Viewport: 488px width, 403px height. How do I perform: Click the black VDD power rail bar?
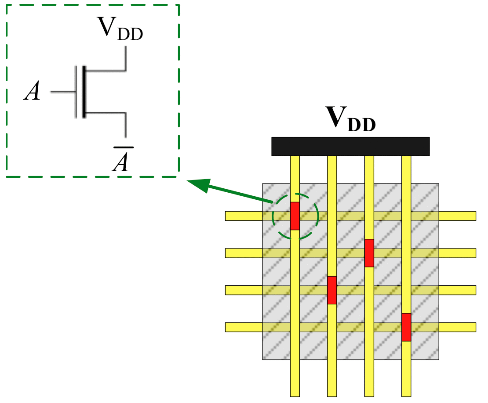pyautogui.click(x=350, y=146)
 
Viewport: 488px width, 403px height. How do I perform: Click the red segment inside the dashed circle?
pyautogui.click(x=295, y=216)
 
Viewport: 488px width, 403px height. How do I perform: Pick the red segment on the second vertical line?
pyautogui.click(x=332, y=290)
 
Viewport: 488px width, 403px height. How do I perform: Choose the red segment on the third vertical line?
pyautogui.click(x=369, y=253)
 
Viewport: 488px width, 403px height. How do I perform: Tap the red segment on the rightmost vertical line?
pyautogui.click(x=406, y=327)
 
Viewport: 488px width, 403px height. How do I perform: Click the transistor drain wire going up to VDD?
pyautogui.click(x=126, y=59)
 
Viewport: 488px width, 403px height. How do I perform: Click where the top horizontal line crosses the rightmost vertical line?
pyautogui.click(x=406, y=216)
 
